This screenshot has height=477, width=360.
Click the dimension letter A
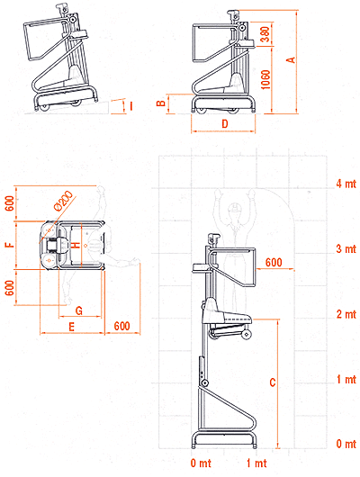tap(292, 59)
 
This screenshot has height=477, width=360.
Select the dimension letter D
tap(225, 123)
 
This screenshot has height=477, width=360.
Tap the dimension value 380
tap(265, 35)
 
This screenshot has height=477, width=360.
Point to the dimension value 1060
tap(265, 80)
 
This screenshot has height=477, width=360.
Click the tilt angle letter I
tap(131, 106)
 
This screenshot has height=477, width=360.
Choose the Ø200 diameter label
tap(63, 200)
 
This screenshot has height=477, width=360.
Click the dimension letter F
tap(10, 244)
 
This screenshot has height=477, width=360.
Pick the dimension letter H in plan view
tap(76, 245)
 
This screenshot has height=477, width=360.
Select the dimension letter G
tap(79, 310)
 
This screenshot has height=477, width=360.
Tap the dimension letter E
tap(71, 327)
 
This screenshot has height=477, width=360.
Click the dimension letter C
tap(273, 382)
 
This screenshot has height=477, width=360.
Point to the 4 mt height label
tap(346, 184)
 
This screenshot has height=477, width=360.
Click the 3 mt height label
tap(346, 248)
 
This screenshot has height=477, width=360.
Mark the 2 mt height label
tap(346, 314)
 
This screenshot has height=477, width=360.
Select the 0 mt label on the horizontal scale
tap(201, 463)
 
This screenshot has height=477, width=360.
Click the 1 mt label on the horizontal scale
tap(256, 463)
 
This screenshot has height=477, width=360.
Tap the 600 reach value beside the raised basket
tap(274, 262)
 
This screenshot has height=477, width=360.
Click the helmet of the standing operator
tap(235, 207)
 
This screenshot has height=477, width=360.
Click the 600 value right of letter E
tap(122, 326)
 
